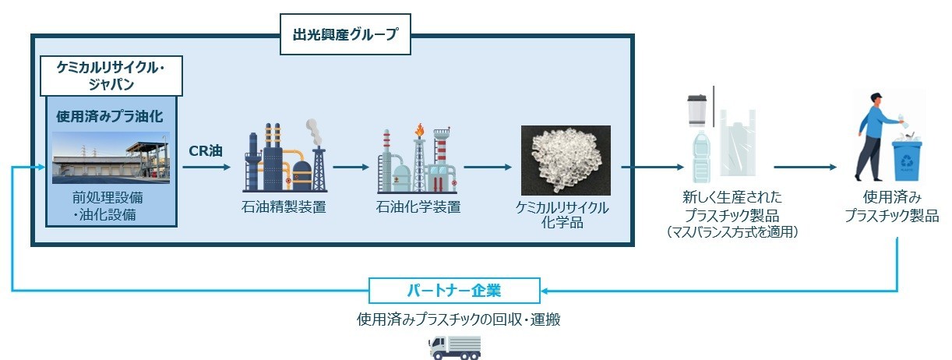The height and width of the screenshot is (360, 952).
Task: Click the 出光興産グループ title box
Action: click(345, 35)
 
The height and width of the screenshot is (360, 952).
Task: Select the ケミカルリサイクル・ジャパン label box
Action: click(112, 76)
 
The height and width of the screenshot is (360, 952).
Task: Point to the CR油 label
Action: click(206, 150)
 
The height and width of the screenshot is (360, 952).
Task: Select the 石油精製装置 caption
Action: click(284, 206)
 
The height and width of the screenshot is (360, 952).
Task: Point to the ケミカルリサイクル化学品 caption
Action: click(562, 215)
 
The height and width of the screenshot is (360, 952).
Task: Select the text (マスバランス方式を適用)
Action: click(732, 232)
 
